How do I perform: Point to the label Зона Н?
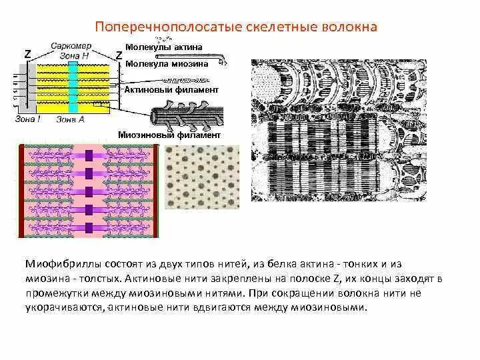(x=74, y=55)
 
